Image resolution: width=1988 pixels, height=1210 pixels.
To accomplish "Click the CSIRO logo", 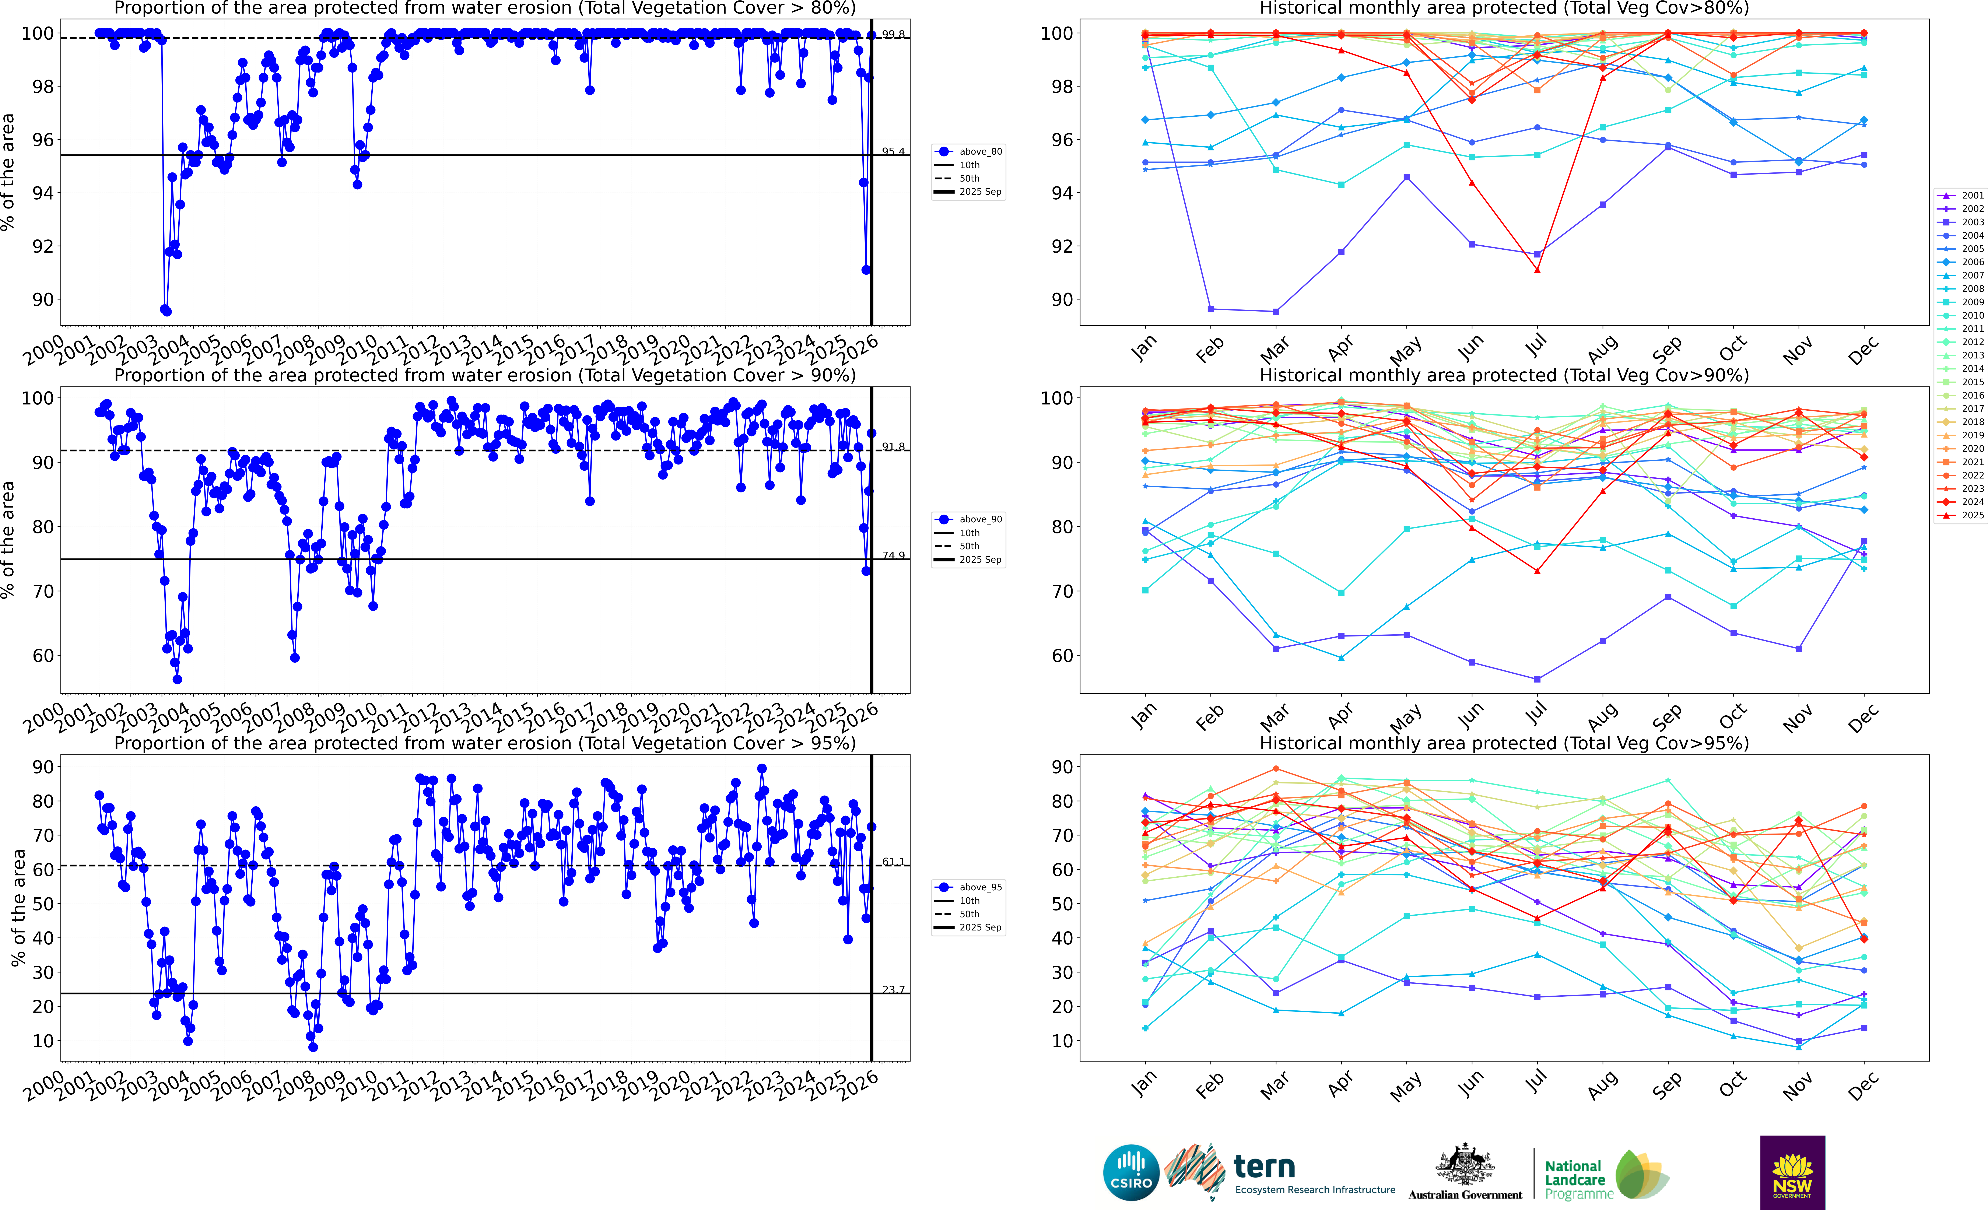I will point(1130,1172).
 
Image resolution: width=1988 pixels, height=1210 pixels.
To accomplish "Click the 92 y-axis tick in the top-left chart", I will point(42,246).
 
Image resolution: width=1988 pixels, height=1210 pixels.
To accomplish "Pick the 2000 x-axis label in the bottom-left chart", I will point(44,1085).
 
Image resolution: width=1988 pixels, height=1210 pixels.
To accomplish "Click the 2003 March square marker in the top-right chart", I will point(1276,311).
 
